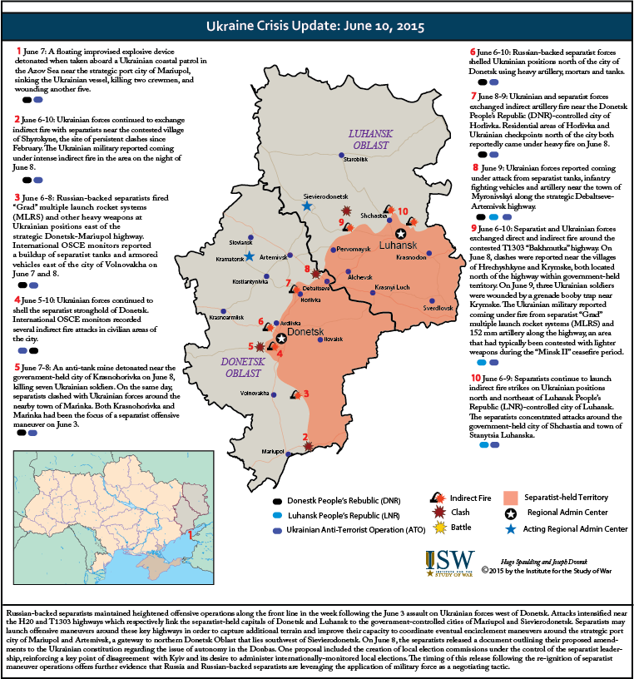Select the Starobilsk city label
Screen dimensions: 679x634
point(355,160)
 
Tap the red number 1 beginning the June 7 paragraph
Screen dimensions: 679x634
point(18,52)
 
